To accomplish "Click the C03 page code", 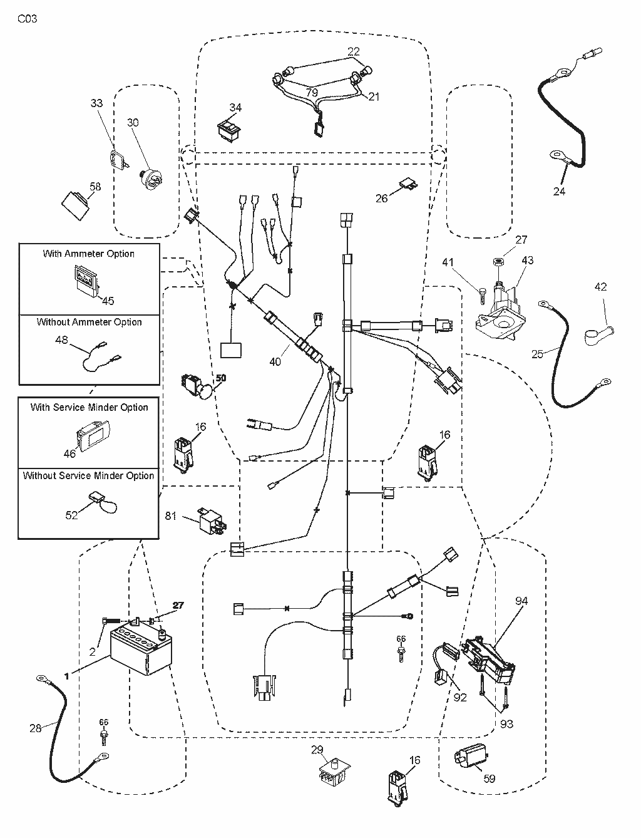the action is coord(28,19).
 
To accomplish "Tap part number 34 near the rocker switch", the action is coord(235,108).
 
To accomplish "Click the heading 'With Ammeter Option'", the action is coord(88,254).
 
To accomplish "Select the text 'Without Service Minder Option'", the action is coord(88,475).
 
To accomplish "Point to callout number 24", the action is coord(559,191).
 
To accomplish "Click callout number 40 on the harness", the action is coord(275,361).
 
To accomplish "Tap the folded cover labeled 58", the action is coord(76,206).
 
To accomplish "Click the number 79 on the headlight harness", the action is coord(312,93).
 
